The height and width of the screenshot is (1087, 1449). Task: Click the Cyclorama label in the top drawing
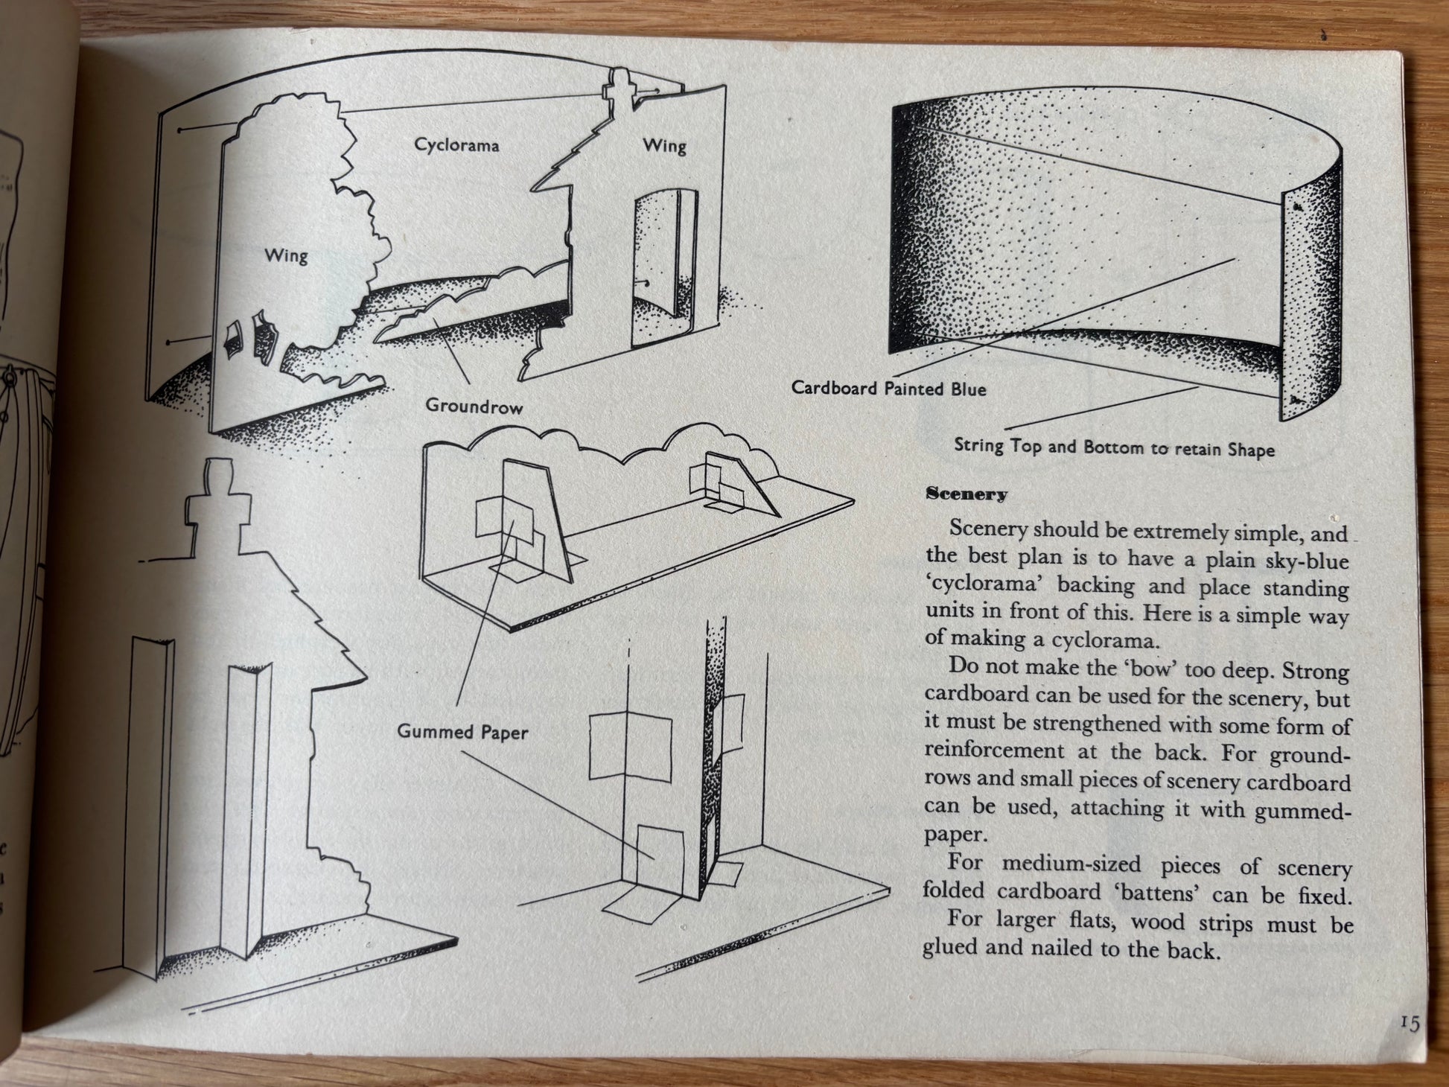(x=456, y=144)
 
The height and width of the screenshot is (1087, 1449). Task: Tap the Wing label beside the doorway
(x=664, y=145)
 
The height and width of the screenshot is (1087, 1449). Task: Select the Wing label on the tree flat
(x=286, y=255)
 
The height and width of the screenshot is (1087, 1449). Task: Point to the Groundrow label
(x=474, y=407)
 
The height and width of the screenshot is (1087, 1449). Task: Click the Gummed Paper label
(x=462, y=732)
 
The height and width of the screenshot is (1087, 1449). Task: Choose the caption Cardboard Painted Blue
(x=888, y=388)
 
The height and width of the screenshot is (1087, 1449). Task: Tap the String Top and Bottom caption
(x=1114, y=448)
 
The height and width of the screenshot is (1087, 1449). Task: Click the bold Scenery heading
(x=966, y=494)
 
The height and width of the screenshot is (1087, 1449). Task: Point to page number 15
(x=1409, y=1024)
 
